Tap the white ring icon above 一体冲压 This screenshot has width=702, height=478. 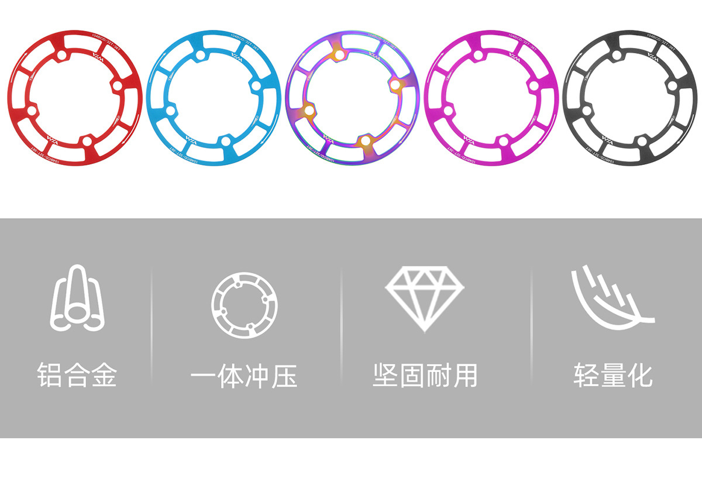(245, 305)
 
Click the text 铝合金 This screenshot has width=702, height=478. (77, 375)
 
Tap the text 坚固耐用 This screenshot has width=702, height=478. (425, 375)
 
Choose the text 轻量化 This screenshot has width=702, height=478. (612, 375)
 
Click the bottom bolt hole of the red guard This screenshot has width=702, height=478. (87, 141)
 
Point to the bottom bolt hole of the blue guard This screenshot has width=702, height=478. (225, 141)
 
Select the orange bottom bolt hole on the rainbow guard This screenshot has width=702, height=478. (364, 141)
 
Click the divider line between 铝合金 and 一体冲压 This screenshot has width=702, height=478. (152, 328)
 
